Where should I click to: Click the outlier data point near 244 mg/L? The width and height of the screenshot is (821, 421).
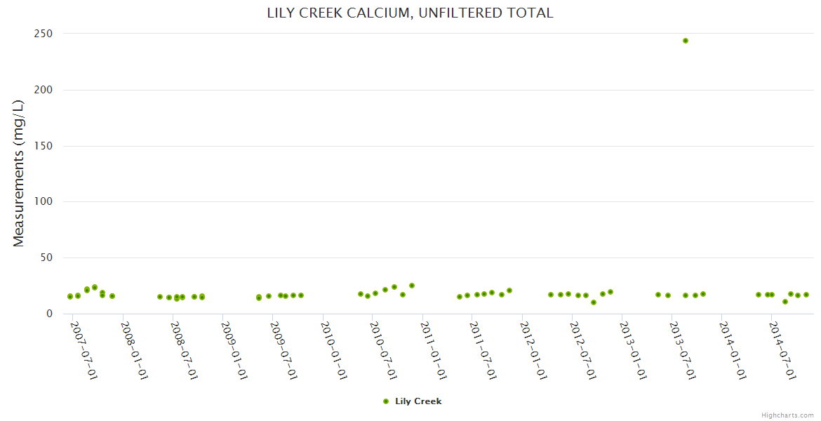(686, 41)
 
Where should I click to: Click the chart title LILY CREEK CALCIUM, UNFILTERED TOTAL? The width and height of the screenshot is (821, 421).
(410, 13)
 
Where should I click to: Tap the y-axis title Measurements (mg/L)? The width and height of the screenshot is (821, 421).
(19, 173)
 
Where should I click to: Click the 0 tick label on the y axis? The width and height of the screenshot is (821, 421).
(49, 314)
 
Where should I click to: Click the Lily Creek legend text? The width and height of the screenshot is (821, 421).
(418, 401)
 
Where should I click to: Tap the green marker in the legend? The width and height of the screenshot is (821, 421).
(386, 401)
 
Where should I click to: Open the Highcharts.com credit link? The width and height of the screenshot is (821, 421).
(787, 415)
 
